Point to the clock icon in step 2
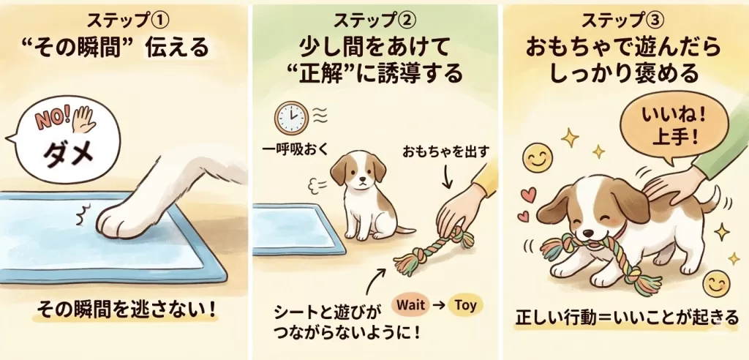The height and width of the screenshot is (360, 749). pos(291,117)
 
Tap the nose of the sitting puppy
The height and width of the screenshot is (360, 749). pos(363,181)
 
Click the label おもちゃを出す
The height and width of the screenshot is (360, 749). pos(445,152)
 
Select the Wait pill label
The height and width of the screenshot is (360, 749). pos(411,305)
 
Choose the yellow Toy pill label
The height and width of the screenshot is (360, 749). pos(465,305)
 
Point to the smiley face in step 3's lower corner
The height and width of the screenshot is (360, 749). pos(717,284)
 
